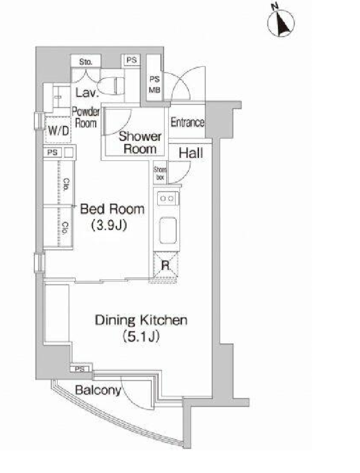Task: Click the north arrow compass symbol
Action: point(281,23)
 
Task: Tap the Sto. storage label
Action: point(86,62)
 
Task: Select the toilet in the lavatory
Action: point(111,85)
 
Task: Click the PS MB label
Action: point(155,85)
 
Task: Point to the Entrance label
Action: point(187,122)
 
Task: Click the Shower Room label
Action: point(140,142)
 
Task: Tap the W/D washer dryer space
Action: point(58,130)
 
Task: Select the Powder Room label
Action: point(86,117)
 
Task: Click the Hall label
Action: point(191,153)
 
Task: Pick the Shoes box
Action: point(160,174)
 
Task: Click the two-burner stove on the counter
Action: point(167,199)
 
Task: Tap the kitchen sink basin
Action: point(168,230)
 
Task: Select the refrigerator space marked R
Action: point(166,265)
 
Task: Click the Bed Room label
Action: point(112,209)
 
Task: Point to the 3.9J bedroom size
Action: point(109,225)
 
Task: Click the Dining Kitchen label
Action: point(141,320)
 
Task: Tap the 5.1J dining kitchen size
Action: point(141,336)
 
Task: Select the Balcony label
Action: point(98,390)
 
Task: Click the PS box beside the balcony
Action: point(80,369)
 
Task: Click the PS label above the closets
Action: point(52,152)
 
